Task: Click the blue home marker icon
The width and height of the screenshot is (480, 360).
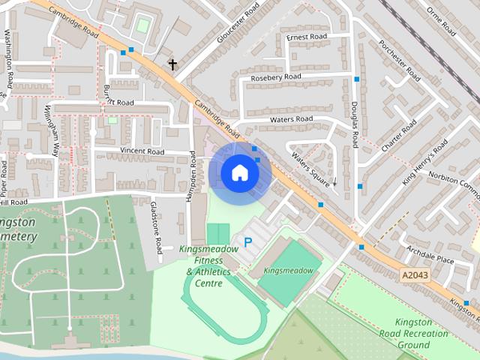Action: (239, 173)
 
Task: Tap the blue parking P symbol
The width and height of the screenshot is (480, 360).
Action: (247, 242)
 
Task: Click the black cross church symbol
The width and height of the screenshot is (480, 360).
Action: (172, 64)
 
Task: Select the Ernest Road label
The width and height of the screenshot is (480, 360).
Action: (307, 37)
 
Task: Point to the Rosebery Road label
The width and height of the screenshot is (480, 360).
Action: (276, 77)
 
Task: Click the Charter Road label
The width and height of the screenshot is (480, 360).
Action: (398, 138)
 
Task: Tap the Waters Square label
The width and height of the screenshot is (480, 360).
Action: (311, 168)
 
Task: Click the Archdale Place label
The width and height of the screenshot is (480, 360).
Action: (430, 254)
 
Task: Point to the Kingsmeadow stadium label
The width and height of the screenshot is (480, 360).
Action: (288, 269)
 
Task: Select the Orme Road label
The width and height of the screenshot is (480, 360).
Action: (441, 20)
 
